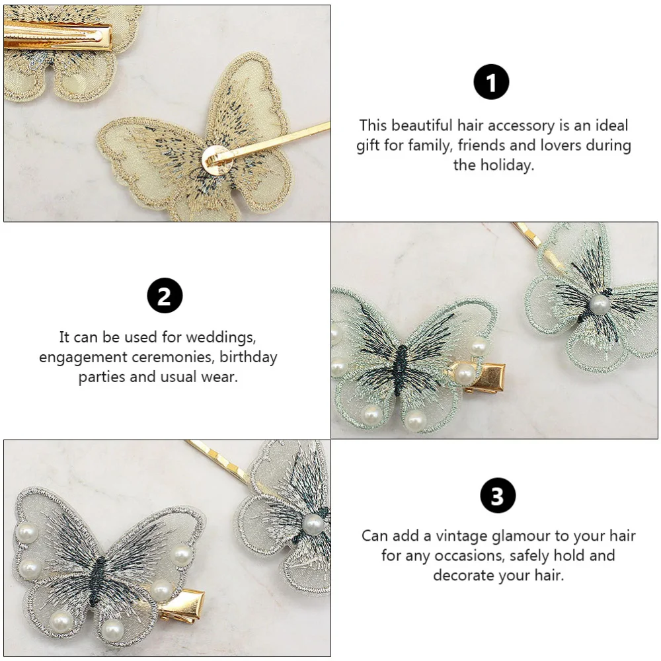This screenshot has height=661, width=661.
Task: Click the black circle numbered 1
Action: pyautogui.click(x=491, y=83)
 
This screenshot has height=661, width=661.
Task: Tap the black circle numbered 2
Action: pyautogui.click(x=164, y=295)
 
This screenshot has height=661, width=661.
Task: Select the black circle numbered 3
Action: pyautogui.click(x=497, y=496)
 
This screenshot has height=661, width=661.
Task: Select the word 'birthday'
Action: pyautogui.click(x=249, y=358)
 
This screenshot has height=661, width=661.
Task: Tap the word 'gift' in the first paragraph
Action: pyautogui.click(x=369, y=145)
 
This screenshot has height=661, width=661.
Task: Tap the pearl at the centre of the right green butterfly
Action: pyautogui.click(x=599, y=304)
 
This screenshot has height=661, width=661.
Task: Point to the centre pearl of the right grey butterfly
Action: pyautogui.click(x=313, y=524)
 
